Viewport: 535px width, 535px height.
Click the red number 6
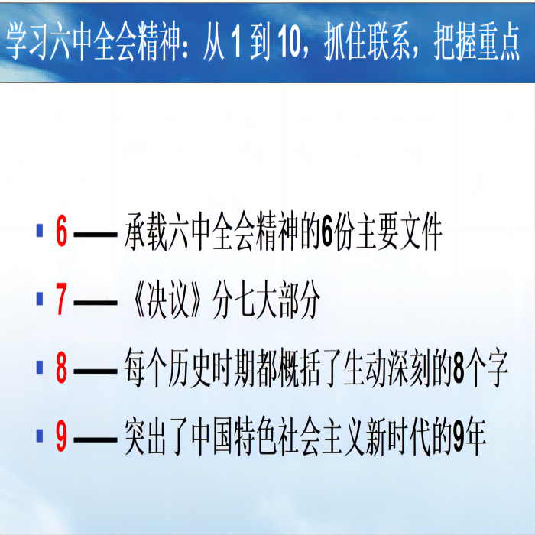61,232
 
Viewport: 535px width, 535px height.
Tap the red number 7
62,299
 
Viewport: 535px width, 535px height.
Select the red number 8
61,368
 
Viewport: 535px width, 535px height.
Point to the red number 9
61,436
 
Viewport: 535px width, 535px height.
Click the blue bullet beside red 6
40,230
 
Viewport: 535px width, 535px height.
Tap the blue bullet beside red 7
40,299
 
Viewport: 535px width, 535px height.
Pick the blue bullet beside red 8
40,367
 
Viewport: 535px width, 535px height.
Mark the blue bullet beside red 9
40,436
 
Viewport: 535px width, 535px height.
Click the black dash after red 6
96,235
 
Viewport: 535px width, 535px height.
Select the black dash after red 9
96,439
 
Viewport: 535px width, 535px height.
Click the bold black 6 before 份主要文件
326,232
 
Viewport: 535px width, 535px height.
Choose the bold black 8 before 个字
459,368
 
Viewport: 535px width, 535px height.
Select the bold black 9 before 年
459,436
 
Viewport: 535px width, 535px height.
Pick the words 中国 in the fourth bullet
212,436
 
